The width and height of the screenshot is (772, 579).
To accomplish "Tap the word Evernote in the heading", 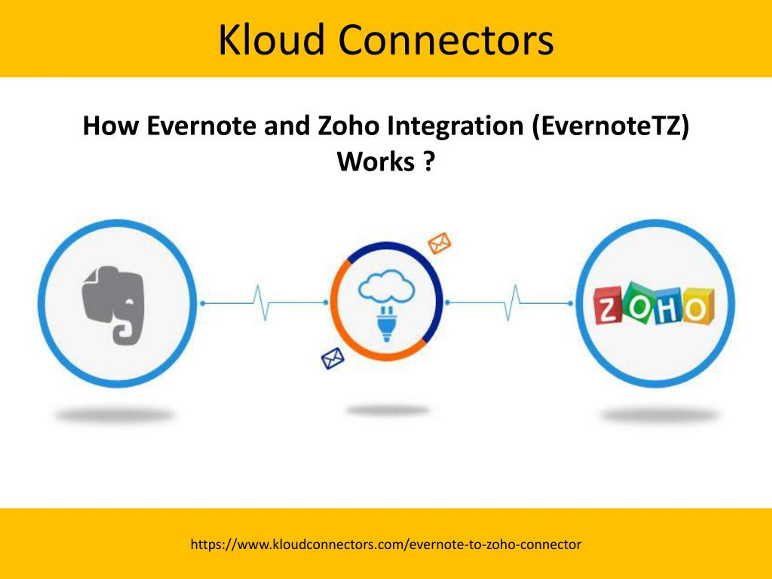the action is [201, 126].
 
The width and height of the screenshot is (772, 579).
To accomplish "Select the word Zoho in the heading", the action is [348, 126].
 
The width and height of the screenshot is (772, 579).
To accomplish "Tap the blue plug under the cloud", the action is [386, 323].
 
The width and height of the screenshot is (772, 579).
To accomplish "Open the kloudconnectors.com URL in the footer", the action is [386, 544].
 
